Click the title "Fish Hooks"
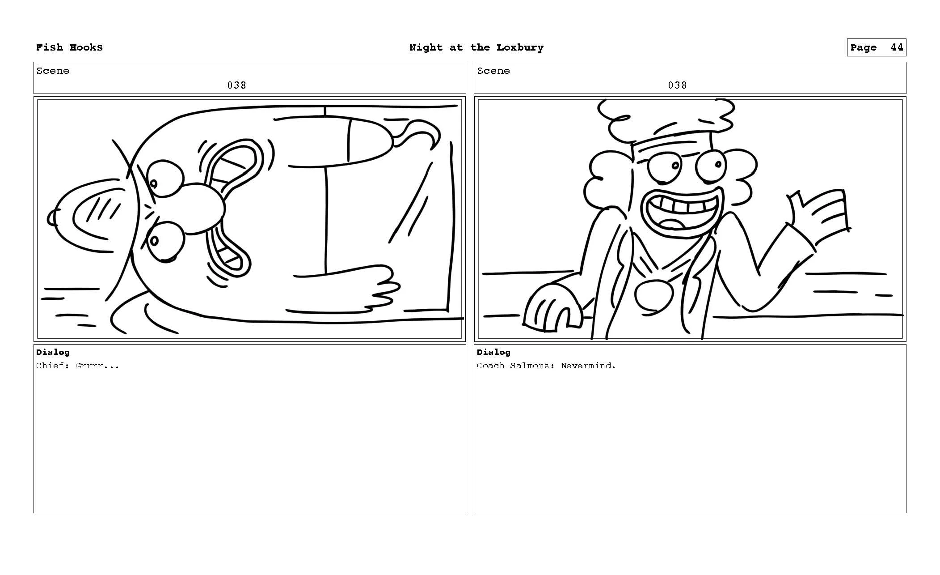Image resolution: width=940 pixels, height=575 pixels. [x=69, y=47]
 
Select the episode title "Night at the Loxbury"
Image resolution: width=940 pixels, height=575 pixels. [x=476, y=47]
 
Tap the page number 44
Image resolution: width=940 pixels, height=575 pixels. [x=896, y=47]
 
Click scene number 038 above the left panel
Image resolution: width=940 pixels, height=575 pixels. [x=236, y=85]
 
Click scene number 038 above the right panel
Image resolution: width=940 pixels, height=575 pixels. [x=677, y=85]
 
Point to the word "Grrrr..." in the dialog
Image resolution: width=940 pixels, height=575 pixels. [x=97, y=366]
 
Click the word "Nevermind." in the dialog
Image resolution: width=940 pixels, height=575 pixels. [x=588, y=366]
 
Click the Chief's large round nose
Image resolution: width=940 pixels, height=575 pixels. [x=203, y=209]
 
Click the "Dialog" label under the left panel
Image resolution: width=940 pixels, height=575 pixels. [x=53, y=352]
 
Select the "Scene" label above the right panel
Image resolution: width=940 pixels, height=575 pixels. [x=493, y=71]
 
